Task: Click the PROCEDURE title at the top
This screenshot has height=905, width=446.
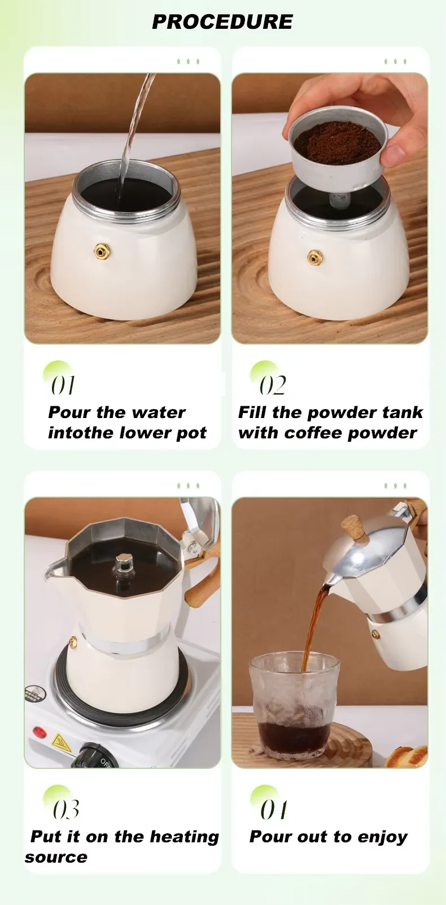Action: pyautogui.click(x=222, y=22)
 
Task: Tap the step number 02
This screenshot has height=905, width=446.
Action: pyautogui.click(x=273, y=385)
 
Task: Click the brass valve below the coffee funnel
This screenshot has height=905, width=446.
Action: pyautogui.click(x=315, y=258)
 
